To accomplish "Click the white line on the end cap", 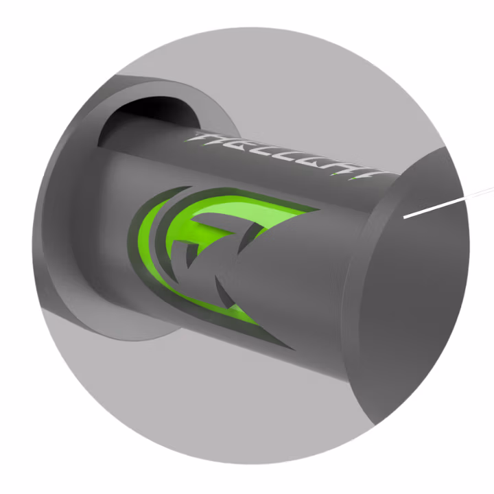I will click(x=432, y=207).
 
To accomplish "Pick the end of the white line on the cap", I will click(x=405, y=217).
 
